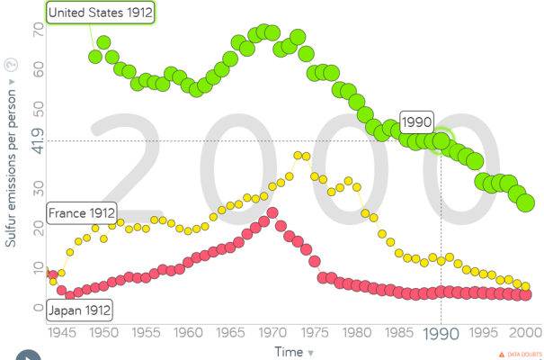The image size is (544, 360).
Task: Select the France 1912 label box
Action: pos(82,213)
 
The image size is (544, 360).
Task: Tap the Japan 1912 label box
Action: pos(80,310)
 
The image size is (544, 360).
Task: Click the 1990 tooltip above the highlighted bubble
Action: pos(417,122)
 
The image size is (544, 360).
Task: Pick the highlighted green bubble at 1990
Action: pos(441,140)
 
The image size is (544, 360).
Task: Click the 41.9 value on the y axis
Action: pos(38,139)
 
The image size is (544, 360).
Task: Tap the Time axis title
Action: pos(289,351)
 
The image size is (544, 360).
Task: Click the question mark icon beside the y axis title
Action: pos(12,64)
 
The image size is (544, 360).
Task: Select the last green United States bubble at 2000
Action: pos(526,202)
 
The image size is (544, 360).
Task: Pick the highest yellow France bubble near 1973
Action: pos(299,157)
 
